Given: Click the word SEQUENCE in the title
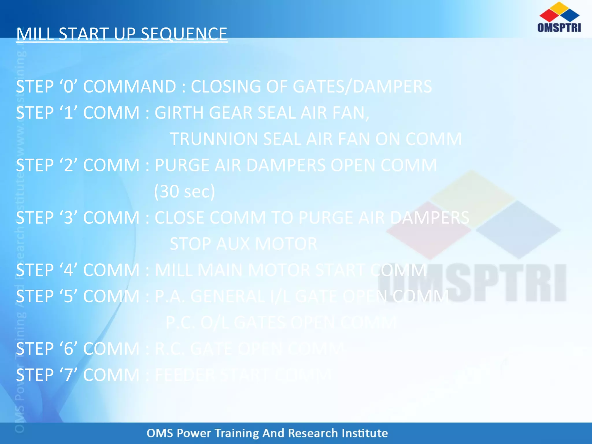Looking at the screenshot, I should (x=184, y=34).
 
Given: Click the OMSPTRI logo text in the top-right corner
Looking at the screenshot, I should (x=559, y=28).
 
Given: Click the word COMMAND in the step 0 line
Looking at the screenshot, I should (x=129, y=86).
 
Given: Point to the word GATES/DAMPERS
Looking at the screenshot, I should (x=362, y=86).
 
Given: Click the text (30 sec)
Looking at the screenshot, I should (x=184, y=191).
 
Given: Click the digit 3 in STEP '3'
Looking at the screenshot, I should (x=68, y=218).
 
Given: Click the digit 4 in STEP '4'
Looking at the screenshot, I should (x=68, y=270).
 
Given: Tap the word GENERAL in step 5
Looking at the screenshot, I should (x=227, y=297).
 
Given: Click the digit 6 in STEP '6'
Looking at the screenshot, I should (x=68, y=349).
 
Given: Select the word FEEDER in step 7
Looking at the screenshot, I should (x=185, y=375).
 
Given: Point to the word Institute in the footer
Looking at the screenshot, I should (x=365, y=433).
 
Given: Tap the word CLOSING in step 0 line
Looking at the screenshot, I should (x=226, y=86).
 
